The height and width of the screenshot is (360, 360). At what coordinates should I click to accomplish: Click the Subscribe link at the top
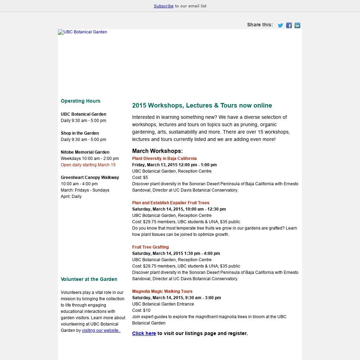163,6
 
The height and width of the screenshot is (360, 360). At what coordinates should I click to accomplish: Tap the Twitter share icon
281,25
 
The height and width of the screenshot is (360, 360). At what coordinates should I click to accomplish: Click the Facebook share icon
289,25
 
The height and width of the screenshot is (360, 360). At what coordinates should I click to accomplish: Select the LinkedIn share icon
297,25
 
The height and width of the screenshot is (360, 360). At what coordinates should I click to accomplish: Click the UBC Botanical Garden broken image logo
83,32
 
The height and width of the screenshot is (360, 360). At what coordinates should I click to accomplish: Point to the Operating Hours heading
81,101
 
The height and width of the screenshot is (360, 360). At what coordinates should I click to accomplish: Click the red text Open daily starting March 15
88,165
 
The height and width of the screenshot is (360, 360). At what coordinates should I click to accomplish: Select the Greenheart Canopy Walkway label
90,178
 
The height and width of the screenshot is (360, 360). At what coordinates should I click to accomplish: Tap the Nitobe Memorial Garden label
85,152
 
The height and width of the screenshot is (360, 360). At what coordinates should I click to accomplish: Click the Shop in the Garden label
79,133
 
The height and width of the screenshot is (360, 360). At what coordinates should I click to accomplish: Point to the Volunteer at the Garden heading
89,279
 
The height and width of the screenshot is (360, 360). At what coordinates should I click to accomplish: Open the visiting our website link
101,330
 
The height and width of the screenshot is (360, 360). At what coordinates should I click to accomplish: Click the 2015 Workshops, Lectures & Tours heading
202,105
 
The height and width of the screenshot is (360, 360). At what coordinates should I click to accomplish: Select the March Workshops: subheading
157,151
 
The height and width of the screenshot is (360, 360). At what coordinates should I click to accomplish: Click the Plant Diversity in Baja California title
164,159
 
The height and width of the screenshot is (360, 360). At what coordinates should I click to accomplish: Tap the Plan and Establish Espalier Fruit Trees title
171,203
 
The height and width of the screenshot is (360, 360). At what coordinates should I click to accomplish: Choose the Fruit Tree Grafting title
150,247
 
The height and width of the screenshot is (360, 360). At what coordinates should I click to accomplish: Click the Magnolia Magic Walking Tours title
162,291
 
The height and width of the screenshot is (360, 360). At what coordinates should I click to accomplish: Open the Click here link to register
144,333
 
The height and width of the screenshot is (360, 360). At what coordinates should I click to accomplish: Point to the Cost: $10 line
141,310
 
